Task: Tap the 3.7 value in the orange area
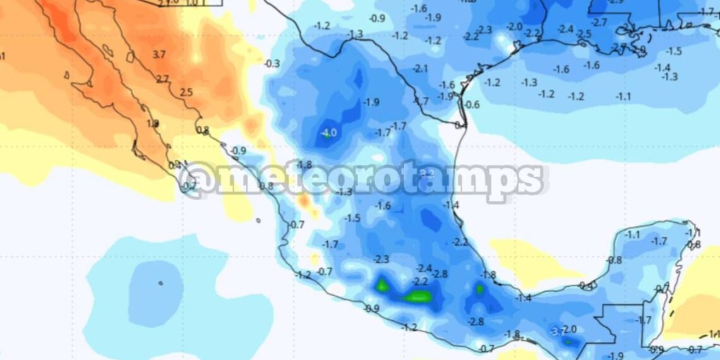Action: [x=159, y=55]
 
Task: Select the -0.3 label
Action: [x=272, y=64]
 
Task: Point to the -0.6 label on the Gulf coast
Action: [x=472, y=105]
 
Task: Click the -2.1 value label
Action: [x=421, y=68]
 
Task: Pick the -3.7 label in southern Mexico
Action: [x=556, y=331]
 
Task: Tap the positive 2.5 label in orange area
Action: [x=186, y=93]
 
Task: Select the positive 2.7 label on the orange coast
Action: [x=162, y=79]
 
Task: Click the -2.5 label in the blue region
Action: [x=584, y=33]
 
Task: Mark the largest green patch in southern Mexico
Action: [x=417, y=296]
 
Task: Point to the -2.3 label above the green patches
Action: [x=381, y=259]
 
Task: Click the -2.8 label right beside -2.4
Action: [x=440, y=273]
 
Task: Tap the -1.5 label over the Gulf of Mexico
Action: [x=674, y=51]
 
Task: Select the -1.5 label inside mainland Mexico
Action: [x=352, y=218]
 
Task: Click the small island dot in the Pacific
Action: [x=160, y=283]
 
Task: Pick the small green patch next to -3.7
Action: [x=568, y=342]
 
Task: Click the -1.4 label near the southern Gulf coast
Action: [x=524, y=298]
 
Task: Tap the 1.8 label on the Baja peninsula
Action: [x=152, y=124]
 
